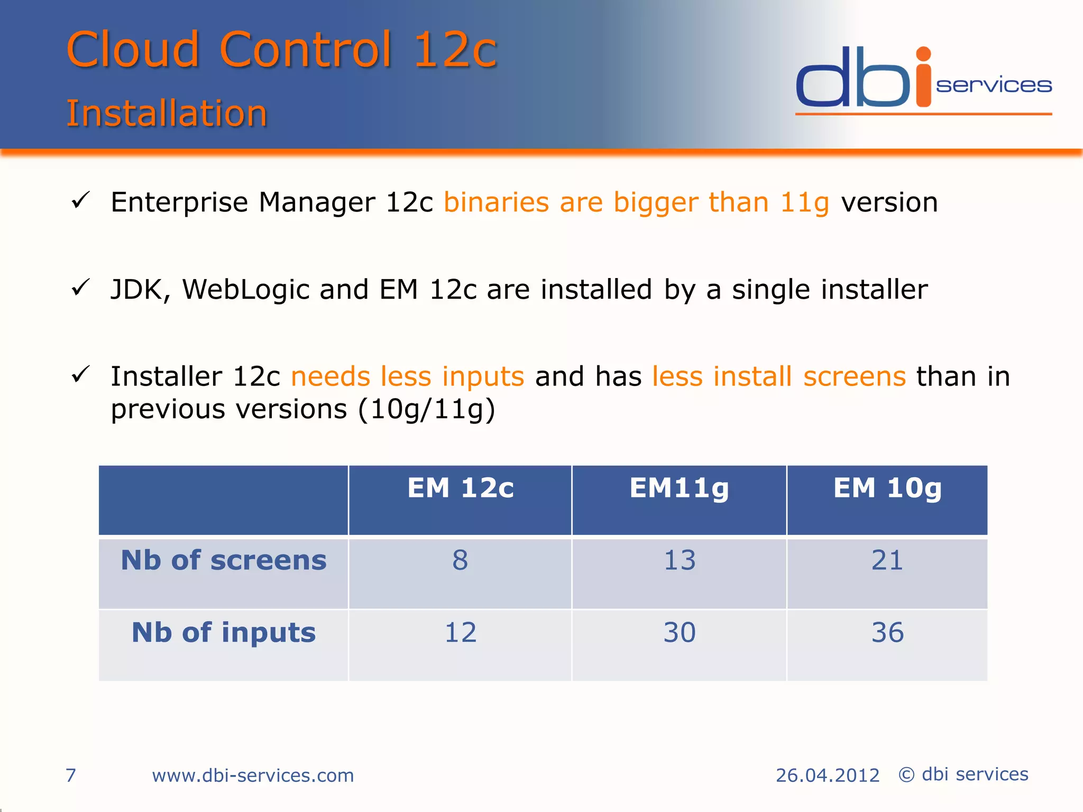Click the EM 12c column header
coord(460,488)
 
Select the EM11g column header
coord(679,488)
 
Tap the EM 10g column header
coord(887,488)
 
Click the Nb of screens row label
coord(224,560)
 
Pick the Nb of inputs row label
coord(224,632)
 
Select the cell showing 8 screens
coord(460,560)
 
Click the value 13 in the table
coord(680,560)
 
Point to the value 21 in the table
coord(887,560)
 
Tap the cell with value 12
coord(460,632)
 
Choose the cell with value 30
coord(680,632)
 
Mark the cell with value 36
coord(887,632)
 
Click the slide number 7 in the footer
coord(71,776)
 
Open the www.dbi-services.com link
coord(253,776)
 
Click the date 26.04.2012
coord(827,776)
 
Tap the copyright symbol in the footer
coord(906,775)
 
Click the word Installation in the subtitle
coord(167,114)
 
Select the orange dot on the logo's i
coord(923,54)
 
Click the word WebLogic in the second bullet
coord(245,290)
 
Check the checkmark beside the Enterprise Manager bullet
coord(81,200)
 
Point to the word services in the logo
coord(994,86)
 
